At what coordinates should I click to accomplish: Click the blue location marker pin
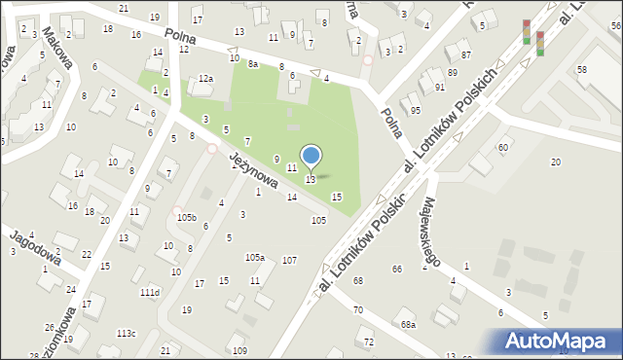(311, 157)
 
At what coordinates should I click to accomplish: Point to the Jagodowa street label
(36, 247)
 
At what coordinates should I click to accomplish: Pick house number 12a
(204, 79)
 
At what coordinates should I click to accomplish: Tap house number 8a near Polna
(253, 63)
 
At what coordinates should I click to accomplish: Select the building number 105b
(186, 217)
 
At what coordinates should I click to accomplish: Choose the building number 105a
(254, 258)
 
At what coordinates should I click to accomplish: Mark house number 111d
(149, 292)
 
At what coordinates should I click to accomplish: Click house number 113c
(127, 334)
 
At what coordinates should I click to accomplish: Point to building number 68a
(408, 324)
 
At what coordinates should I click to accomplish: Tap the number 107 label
(289, 261)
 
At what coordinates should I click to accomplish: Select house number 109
(239, 350)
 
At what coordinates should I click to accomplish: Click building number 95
(416, 110)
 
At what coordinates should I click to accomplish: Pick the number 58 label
(581, 70)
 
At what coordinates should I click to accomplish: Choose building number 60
(503, 147)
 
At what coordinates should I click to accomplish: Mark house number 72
(368, 342)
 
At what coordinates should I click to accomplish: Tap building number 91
(440, 88)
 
